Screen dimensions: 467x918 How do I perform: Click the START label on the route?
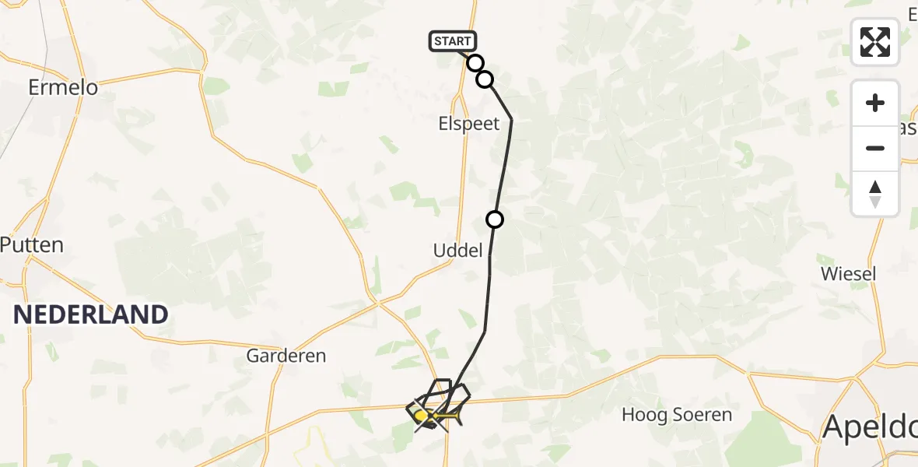(452, 41)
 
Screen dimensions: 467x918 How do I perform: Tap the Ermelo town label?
(63, 87)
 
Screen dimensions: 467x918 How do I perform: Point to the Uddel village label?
(458, 250)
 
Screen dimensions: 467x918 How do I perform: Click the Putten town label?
(32, 244)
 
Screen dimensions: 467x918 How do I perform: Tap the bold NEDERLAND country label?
(90, 314)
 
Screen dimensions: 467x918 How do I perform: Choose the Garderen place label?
(286, 356)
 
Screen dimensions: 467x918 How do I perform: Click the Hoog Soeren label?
(677, 415)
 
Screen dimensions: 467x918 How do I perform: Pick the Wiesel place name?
(848, 273)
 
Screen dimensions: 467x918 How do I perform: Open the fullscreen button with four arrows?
(875, 42)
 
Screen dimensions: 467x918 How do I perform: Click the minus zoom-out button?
(875, 149)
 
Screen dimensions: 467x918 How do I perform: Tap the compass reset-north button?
(875, 194)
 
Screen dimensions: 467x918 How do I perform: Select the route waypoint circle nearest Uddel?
(495, 219)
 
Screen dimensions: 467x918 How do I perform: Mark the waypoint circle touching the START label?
(475, 62)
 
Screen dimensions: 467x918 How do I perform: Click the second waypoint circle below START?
(485, 79)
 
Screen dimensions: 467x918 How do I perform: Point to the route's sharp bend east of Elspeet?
(511, 119)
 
